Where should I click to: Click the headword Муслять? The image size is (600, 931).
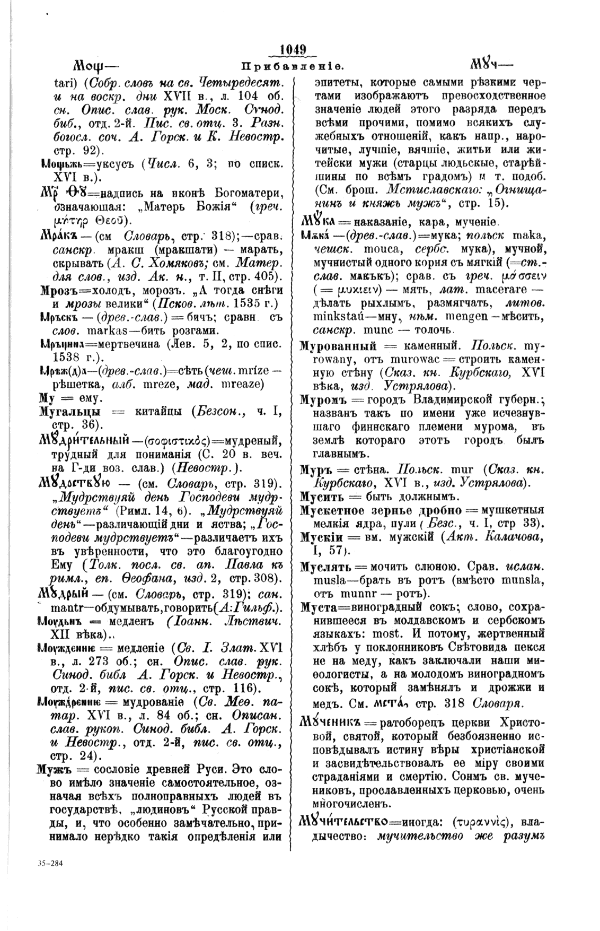pyautogui.click(x=325, y=563)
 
